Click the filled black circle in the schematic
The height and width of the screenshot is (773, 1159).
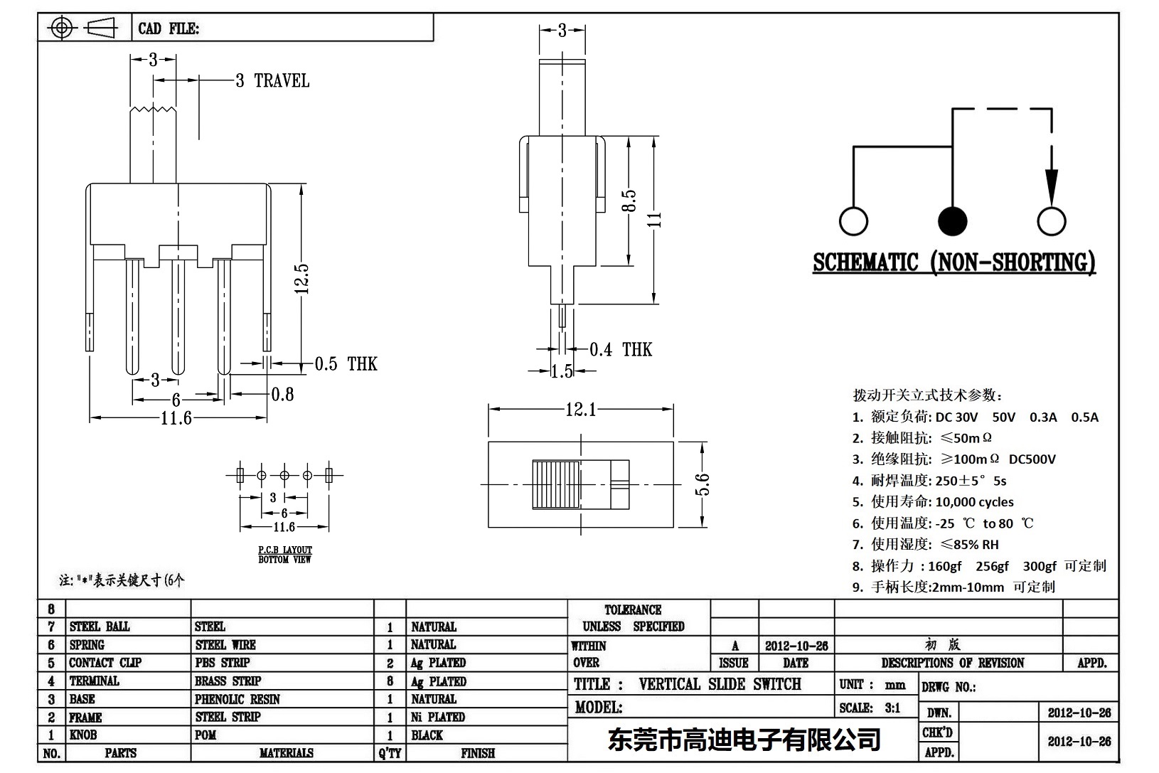[952, 221]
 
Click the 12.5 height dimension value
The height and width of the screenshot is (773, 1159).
[301, 278]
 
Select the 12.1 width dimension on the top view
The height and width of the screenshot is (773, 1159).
[580, 410]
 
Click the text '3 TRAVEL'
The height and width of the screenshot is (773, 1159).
[272, 81]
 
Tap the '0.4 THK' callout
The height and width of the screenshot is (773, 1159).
[620, 349]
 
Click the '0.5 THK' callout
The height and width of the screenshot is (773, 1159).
[346, 364]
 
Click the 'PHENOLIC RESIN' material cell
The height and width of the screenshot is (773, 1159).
[237, 699]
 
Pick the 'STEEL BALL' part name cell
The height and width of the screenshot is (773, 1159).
[100, 627]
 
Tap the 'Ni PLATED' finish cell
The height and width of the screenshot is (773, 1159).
[437, 717]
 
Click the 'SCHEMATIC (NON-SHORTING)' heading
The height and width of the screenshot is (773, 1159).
[954, 263]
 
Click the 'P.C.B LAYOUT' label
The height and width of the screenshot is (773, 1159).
[284, 550]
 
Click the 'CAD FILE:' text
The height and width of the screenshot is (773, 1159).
[169, 28]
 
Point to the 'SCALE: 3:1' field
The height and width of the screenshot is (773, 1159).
[870, 708]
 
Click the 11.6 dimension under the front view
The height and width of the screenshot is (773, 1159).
[176, 417]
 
